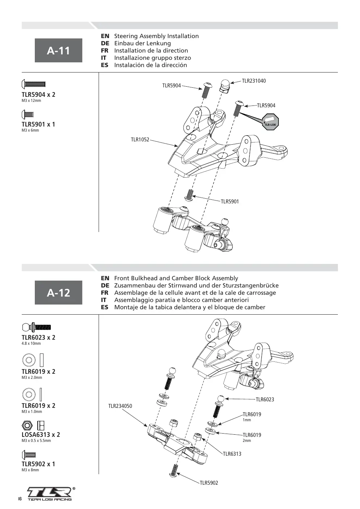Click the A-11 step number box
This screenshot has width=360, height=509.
coord(58,50)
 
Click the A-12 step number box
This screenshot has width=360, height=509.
coord(58,293)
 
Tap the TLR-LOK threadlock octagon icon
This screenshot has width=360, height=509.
coord(270,122)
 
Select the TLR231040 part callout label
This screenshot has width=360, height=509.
coord(254,81)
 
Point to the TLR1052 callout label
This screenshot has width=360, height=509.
coord(140,140)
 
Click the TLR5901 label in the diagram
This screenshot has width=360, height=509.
coord(230,202)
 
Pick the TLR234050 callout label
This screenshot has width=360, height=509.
coord(120,406)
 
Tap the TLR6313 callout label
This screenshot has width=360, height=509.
coord(232,454)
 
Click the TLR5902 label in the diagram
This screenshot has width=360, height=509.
coord(209,483)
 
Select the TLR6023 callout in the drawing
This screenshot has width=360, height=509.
coord(265,400)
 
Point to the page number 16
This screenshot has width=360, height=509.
coord(20,499)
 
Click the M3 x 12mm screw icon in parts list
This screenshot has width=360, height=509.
coord(33,84)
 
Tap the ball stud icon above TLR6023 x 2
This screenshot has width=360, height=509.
coord(36,327)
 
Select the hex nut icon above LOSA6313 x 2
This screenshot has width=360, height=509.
coord(27,425)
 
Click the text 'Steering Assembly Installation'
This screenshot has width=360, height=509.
coord(156,36)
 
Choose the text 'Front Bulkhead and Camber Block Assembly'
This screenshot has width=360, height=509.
coord(176,278)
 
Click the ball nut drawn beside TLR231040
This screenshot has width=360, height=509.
coord(225,85)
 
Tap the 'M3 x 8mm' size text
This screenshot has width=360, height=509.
coord(30,470)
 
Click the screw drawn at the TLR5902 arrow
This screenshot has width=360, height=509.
coord(174,471)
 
